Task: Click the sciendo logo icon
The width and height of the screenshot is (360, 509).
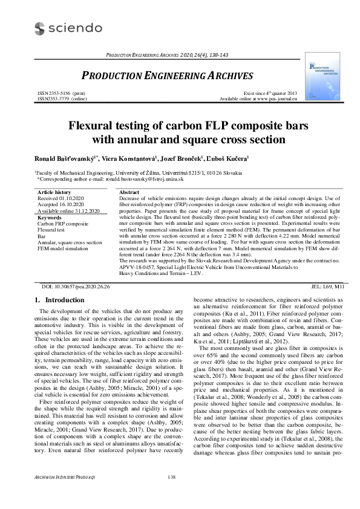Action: [x=40, y=28]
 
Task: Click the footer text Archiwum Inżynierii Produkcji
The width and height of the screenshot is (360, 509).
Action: [x=64, y=495]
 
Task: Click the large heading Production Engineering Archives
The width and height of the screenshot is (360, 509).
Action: [x=158, y=77]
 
